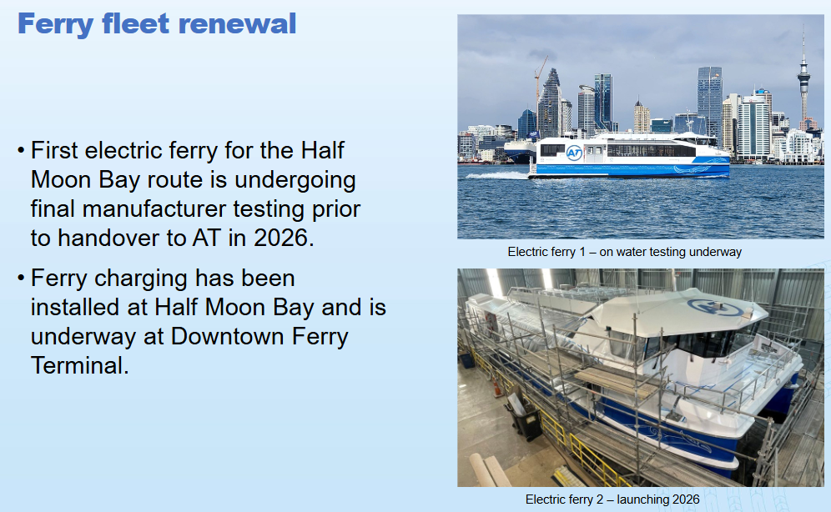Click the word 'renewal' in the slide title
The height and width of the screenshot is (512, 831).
(237, 24)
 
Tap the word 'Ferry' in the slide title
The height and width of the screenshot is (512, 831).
(55, 25)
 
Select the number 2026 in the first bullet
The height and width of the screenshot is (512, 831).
(280, 238)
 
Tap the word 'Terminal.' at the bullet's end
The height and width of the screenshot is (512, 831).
(80, 365)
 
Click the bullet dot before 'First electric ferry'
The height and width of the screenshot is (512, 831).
(21, 151)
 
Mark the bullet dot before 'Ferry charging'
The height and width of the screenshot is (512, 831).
(21, 279)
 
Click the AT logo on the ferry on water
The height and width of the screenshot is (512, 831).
(574, 153)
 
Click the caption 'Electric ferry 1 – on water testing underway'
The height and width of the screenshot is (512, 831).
(624, 252)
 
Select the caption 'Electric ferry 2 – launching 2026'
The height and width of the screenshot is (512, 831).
(612, 499)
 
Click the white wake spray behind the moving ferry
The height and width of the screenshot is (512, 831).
(503, 175)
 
